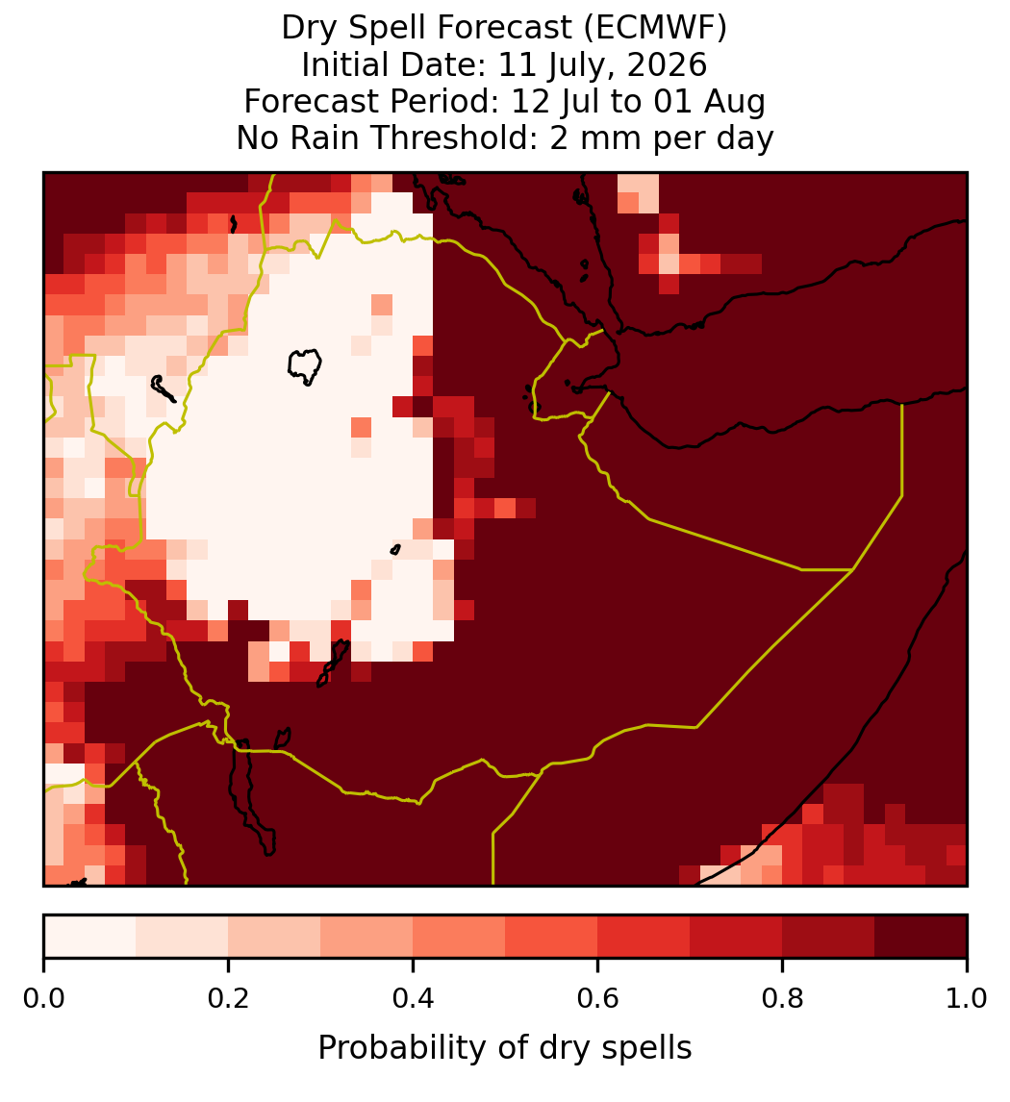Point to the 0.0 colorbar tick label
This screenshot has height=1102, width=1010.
pos(44,999)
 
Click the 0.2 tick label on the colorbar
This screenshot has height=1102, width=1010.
pos(228,999)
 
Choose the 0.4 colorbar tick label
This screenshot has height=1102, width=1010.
pos(414,999)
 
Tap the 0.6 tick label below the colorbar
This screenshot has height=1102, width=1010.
pos(598,999)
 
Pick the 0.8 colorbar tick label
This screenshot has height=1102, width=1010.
pos(782,999)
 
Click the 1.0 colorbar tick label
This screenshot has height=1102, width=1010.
pos(967,999)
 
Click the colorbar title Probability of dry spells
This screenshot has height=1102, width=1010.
pos(505,1048)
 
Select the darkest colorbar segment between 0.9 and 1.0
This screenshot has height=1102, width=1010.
pos(921,937)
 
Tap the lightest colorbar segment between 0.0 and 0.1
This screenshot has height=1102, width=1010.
pos(90,937)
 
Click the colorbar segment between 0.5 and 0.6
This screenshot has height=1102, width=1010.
pos(552,937)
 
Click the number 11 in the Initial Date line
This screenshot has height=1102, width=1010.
pos(513,64)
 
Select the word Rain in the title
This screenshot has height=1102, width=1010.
pos(330,138)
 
